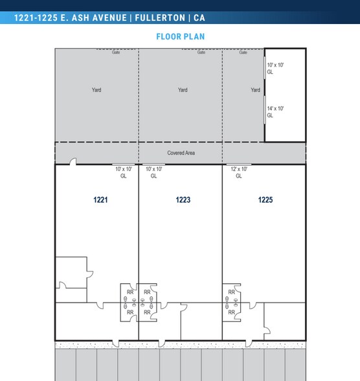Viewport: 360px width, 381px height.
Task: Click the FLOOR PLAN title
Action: pos(180,36)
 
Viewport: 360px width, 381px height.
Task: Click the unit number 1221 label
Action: pos(100,200)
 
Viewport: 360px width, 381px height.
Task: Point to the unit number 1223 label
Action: pos(183,200)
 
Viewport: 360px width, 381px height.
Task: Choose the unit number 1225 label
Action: pos(265,200)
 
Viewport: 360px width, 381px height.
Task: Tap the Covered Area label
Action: pos(181,153)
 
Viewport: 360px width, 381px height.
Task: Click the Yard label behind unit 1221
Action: pos(96,90)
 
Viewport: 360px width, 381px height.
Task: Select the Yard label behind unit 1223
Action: pos(183,90)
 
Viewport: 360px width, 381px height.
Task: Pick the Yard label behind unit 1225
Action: pos(255,90)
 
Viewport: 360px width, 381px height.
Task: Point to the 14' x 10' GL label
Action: pos(275,111)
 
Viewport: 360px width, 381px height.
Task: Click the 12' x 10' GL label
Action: pos(239,172)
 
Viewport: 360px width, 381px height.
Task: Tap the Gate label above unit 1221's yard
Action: pos(116,52)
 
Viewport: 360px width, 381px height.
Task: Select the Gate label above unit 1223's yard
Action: pos(201,52)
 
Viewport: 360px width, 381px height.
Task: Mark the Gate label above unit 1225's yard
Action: pos(243,52)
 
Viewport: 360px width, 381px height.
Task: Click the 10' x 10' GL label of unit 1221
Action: pos(124,172)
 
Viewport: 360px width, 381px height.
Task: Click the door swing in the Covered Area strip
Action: pos(73,161)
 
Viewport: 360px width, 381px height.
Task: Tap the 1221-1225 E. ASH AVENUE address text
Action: pos(71,18)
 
